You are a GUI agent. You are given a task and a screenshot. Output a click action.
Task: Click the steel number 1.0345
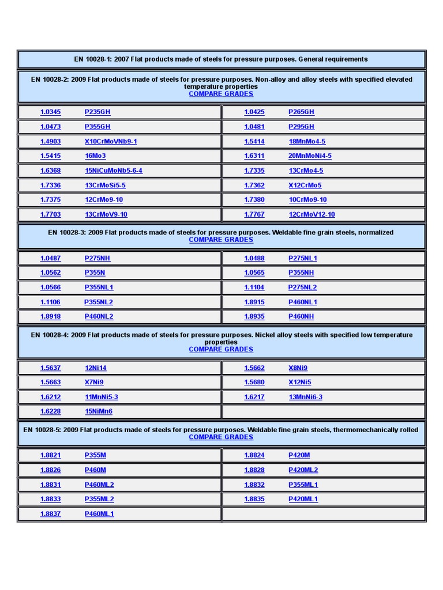pyautogui.click(x=50, y=112)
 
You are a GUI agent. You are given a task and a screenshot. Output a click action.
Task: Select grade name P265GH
pyautogui.click(x=301, y=112)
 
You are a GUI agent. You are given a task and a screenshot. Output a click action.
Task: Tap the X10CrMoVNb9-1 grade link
pyautogui.click(x=111, y=141)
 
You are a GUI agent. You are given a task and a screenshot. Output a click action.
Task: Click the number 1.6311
pyautogui.click(x=254, y=156)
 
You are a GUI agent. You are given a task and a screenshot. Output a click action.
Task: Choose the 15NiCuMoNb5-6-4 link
pyautogui.click(x=113, y=171)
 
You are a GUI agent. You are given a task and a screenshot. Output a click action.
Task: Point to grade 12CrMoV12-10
pyautogui.click(x=311, y=214)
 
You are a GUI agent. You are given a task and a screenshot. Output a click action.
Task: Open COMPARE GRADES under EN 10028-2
pyautogui.click(x=221, y=94)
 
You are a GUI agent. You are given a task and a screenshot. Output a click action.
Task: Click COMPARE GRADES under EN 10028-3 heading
pyautogui.click(x=221, y=240)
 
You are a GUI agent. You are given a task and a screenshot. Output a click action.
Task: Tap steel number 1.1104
pyautogui.click(x=254, y=288)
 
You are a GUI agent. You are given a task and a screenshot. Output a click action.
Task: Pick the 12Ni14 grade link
pyautogui.click(x=96, y=368)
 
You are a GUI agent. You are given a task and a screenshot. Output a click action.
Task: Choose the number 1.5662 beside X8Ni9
pyautogui.click(x=254, y=368)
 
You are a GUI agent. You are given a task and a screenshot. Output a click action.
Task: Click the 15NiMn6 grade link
pyautogui.click(x=99, y=411)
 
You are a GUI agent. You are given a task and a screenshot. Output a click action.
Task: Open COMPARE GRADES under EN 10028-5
pyautogui.click(x=221, y=437)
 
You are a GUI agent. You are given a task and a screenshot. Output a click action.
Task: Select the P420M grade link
pyautogui.click(x=299, y=455)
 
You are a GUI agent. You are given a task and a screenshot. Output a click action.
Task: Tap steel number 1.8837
pyautogui.click(x=50, y=513)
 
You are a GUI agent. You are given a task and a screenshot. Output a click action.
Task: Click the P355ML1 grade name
pyautogui.click(x=303, y=485)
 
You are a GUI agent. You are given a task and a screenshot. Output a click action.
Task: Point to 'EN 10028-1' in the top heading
pyautogui.click(x=92, y=59)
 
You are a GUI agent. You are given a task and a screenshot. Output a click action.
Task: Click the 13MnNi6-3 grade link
pyautogui.click(x=305, y=397)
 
